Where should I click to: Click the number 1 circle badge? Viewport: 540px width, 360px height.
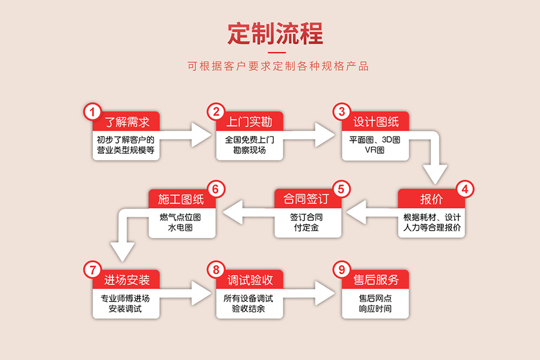pos(92,112)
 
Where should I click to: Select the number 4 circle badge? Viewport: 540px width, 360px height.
pos(465,189)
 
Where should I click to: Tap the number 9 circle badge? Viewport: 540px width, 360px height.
pos(341,269)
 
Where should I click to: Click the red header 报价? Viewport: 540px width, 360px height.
pos(431,199)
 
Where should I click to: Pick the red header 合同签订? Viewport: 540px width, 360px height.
pos(306,199)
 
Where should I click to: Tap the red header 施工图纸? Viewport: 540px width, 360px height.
pos(181,199)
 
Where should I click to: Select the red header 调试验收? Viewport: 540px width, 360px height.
pos(249,280)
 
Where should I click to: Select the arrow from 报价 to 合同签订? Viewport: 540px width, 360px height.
pos(373,214)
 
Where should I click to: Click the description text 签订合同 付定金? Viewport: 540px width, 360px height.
pos(307,222)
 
